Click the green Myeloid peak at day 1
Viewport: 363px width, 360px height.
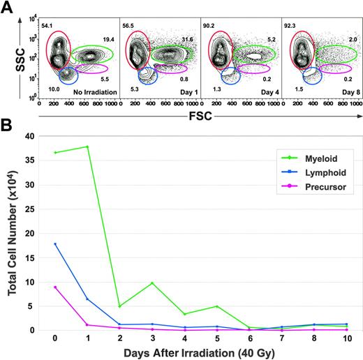(x=87, y=147)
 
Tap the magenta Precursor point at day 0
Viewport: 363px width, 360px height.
(x=54, y=287)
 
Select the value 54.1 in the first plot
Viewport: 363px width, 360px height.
(x=47, y=26)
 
